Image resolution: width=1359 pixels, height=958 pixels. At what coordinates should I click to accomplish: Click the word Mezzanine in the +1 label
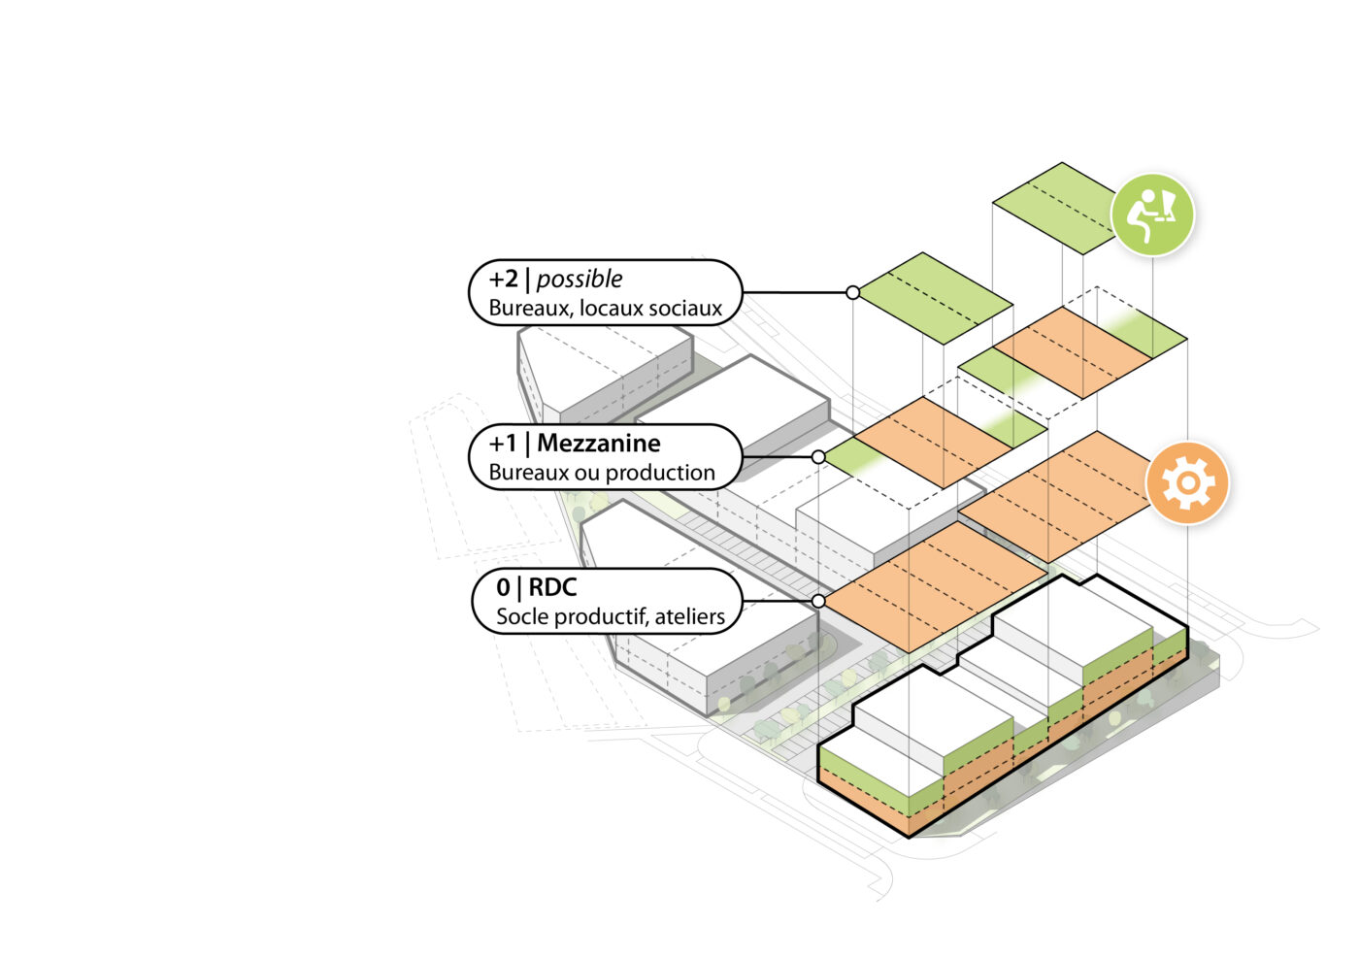[x=598, y=444]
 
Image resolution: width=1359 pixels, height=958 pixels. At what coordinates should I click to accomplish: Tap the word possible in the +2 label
[x=580, y=280]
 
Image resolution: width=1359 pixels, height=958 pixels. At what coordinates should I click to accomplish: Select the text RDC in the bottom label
[x=552, y=587]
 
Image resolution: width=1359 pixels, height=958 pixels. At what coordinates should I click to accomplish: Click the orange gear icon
[x=1186, y=482]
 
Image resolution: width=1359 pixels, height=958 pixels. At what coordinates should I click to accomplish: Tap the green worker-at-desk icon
[x=1152, y=215]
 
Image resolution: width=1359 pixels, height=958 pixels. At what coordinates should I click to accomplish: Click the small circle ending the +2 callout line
[x=852, y=292]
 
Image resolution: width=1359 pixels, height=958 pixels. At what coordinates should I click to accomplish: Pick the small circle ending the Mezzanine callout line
[x=818, y=456]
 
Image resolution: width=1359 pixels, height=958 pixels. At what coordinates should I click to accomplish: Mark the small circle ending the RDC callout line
[x=818, y=602]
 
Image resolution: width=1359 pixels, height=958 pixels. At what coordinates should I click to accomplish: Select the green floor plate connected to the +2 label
[x=935, y=298]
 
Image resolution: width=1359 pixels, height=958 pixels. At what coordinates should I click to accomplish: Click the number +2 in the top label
[x=504, y=280]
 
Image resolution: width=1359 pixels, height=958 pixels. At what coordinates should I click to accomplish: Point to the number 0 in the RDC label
[x=503, y=587]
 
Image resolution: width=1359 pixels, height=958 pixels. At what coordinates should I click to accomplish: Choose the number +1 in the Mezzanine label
[x=503, y=444]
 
